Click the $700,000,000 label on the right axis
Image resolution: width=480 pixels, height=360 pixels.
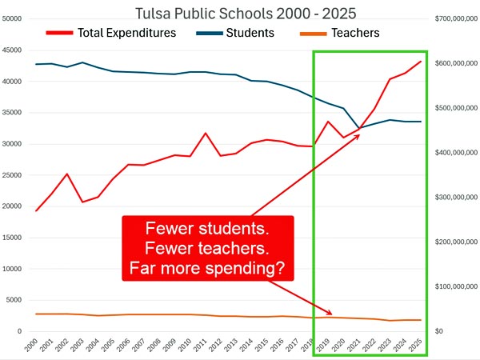pos(455,18)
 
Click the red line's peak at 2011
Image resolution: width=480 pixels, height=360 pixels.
pos(206,133)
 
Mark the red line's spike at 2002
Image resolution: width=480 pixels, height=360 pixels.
pos(66,174)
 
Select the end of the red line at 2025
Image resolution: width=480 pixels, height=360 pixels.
pos(421,62)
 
